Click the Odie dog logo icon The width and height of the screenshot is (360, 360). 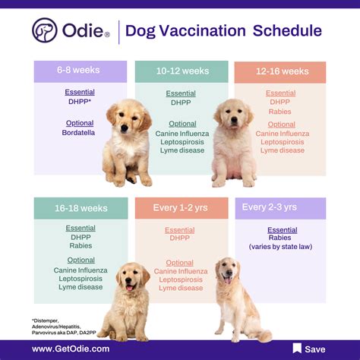pyautogui.click(x=45, y=30)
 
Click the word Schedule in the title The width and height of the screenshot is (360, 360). pyautogui.click(x=287, y=31)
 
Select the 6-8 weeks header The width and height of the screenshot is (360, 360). pyautogui.click(x=80, y=71)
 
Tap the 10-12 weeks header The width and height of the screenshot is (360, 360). pyautogui.click(x=182, y=71)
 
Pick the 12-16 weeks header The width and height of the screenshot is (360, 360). pyautogui.click(x=280, y=71)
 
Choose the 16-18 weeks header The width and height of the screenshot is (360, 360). pyautogui.click(x=80, y=208)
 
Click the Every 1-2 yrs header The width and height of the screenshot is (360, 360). pyautogui.click(x=182, y=208)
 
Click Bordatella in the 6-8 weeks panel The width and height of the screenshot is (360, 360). pyautogui.click(x=80, y=133)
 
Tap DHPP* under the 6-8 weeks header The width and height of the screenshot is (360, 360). pyautogui.click(x=80, y=102)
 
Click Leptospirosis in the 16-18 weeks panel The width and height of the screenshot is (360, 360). pyautogui.click(x=80, y=278)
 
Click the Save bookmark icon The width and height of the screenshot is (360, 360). pyautogui.click(x=297, y=348)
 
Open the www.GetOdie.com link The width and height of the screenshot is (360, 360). pyautogui.click(x=71, y=349)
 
